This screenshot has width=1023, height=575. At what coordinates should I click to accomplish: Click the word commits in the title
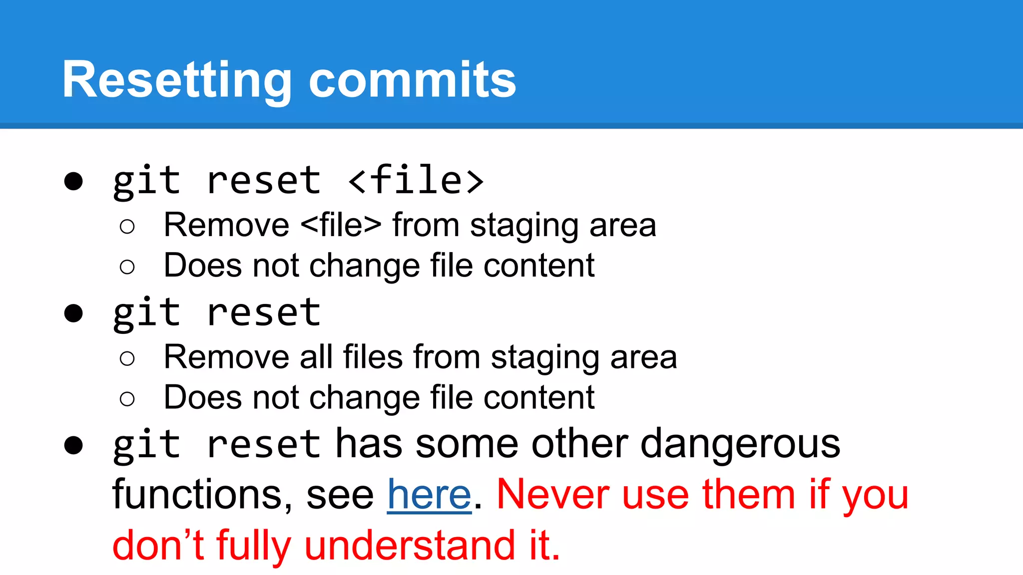(412, 80)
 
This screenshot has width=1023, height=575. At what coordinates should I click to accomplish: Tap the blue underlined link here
(429, 495)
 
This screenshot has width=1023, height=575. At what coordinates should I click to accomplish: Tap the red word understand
(410, 545)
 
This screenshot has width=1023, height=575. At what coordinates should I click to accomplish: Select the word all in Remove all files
(316, 357)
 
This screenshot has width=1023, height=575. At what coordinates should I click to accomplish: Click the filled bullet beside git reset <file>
(73, 181)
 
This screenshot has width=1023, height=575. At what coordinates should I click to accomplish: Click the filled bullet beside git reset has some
(73, 445)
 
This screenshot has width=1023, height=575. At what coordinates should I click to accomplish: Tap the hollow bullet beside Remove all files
(127, 358)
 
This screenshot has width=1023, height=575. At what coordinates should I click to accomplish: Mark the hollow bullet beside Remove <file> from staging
(127, 227)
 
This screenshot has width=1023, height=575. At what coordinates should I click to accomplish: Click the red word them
(748, 495)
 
